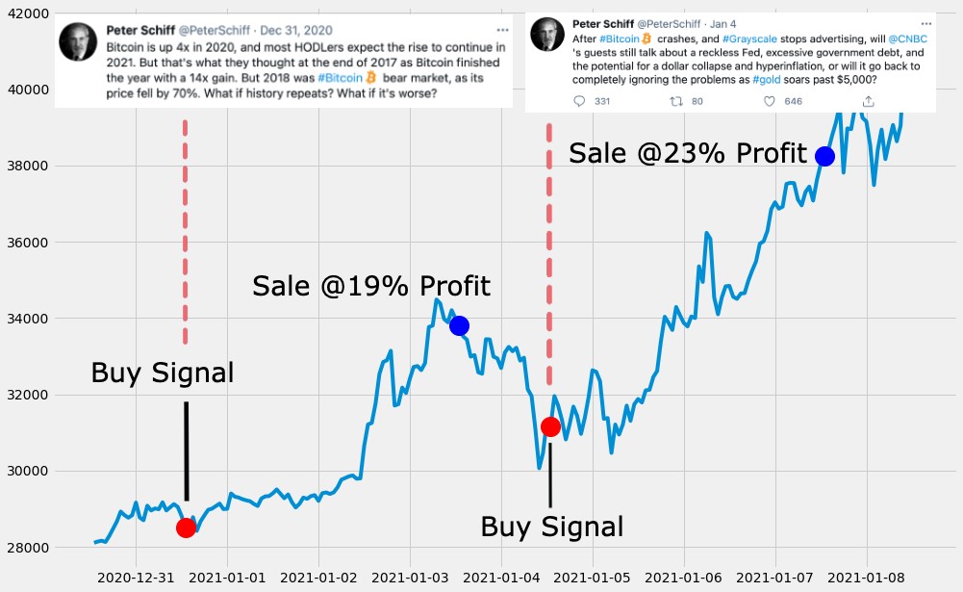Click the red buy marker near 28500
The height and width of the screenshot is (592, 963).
[x=186, y=528]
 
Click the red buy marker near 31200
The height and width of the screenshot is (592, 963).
[x=550, y=426]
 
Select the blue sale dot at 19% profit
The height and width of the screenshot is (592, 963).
[x=459, y=325]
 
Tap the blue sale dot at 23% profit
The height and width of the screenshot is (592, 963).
[x=824, y=156]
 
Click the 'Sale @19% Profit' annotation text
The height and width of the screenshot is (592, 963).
[x=371, y=286]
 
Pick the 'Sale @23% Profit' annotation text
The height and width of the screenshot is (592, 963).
[x=688, y=154]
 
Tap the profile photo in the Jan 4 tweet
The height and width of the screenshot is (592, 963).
[x=547, y=35]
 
